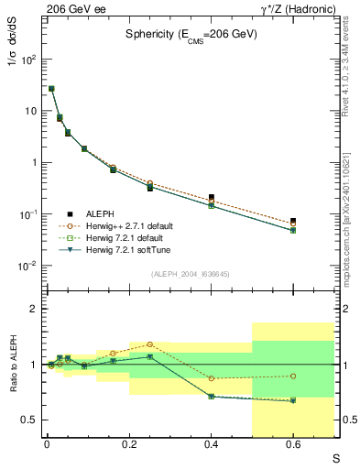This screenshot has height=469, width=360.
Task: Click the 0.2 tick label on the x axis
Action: (129, 445)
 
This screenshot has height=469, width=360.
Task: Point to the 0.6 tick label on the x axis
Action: (293, 445)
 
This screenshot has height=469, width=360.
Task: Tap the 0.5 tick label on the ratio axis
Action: (27, 420)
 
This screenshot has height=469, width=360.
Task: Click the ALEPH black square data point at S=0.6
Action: (293, 221)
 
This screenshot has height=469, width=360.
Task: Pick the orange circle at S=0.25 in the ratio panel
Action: (149, 344)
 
